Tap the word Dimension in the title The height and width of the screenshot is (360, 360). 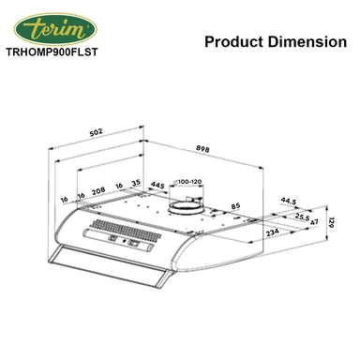301,42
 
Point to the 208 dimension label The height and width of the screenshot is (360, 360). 98,187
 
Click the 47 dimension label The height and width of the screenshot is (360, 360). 314,222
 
